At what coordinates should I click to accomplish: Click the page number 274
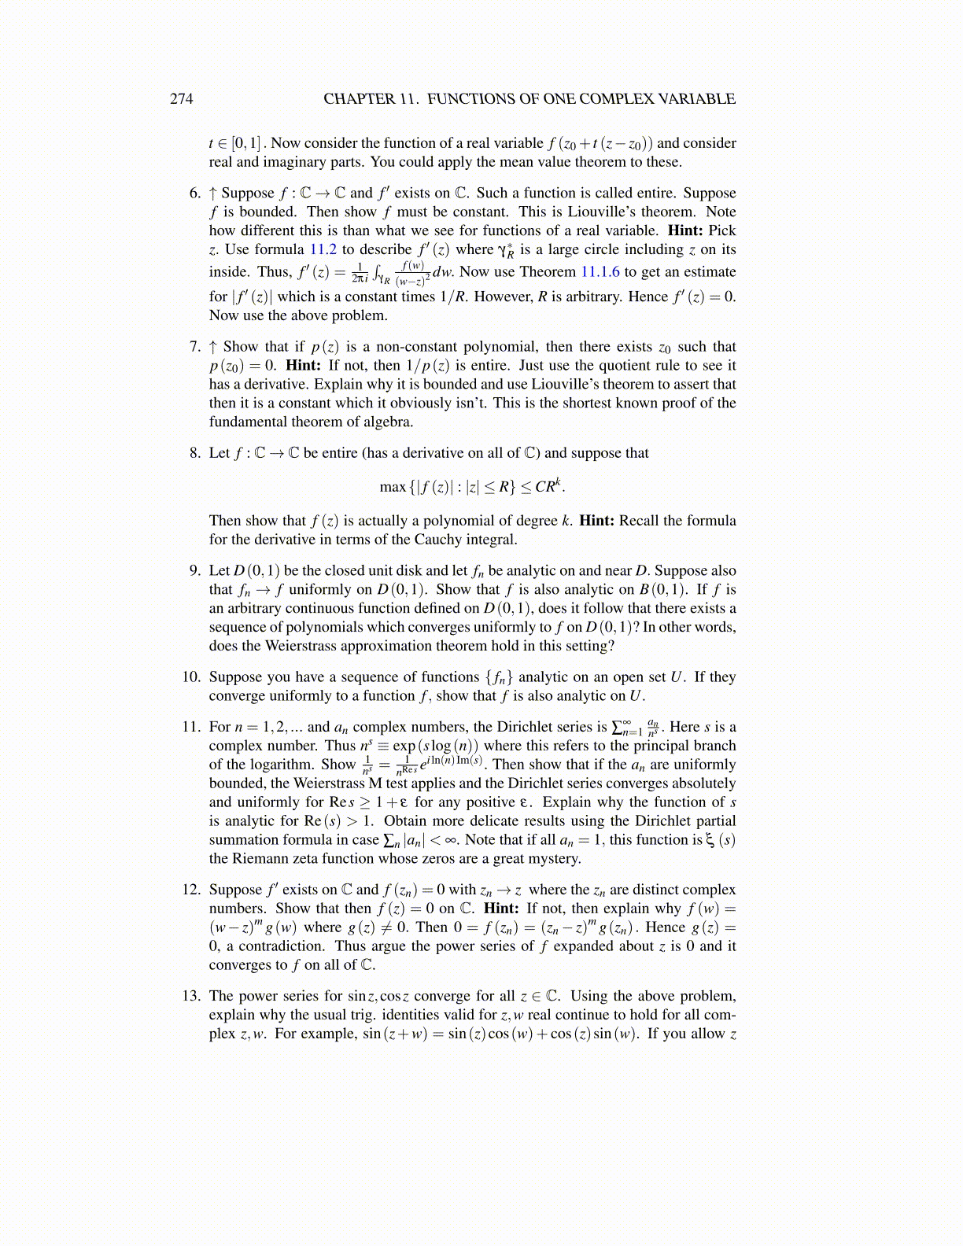pyautogui.click(x=181, y=99)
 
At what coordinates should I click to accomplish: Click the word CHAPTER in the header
pyautogui.click(x=359, y=99)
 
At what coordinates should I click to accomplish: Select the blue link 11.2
pyautogui.click(x=323, y=249)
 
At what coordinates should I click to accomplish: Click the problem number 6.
pyautogui.click(x=195, y=194)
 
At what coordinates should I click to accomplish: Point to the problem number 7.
pyautogui.click(x=195, y=347)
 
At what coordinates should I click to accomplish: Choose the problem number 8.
pyautogui.click(x=195, y=453)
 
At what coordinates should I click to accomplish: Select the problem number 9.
pyautogui.click(x=195, y=571)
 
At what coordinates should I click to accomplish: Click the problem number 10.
pyautogui.click(x=191, y=677)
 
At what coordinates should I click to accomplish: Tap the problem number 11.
pyautogui.click(x=191, y=727)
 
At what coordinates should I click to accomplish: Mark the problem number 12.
pyautogui.click(x=191, y=890)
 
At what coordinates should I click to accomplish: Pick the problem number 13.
pyautogui.click(x=191, y=996)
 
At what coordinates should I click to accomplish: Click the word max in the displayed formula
pyautogui.click(x=393, y=487)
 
